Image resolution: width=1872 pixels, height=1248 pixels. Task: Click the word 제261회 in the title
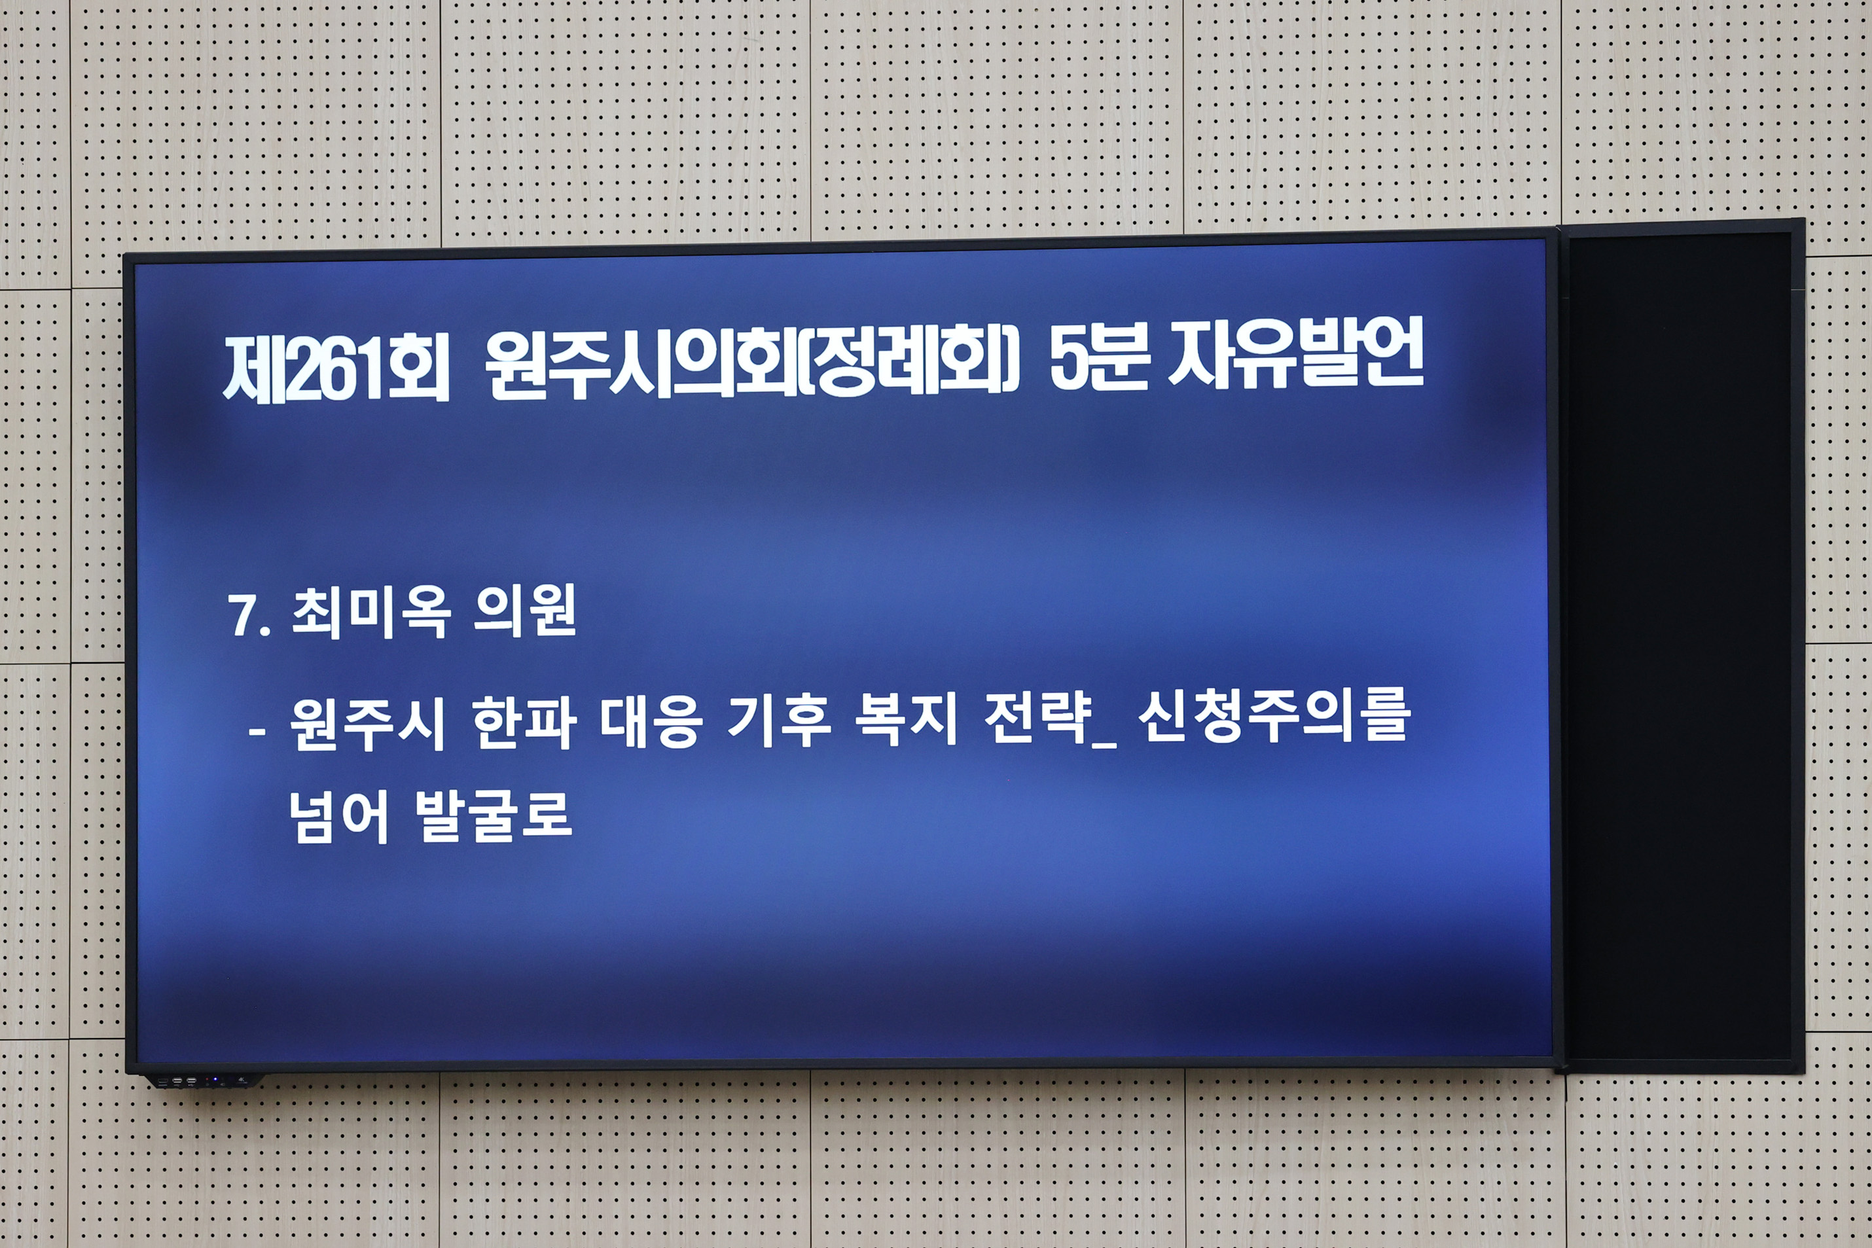pyautogui.click(x=336, y=368)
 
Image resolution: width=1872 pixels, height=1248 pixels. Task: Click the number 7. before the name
pyautogui.click(x=249, y=615)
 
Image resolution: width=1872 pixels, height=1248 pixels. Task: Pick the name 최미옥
pyautogui.click(x=371, y=612)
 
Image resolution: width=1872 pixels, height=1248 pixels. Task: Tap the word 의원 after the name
pyautogui.click(x=524, y=611)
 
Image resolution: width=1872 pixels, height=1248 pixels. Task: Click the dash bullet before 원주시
pyautogui.click(x=257, y=730)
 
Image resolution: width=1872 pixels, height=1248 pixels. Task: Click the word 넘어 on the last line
pyautogui.click(x=338, y=817)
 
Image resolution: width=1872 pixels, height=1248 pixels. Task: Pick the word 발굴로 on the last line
pyautogui.click(x=494, y=815)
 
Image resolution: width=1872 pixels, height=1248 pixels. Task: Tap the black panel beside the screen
pyautogui.click(x=1680, y=645)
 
